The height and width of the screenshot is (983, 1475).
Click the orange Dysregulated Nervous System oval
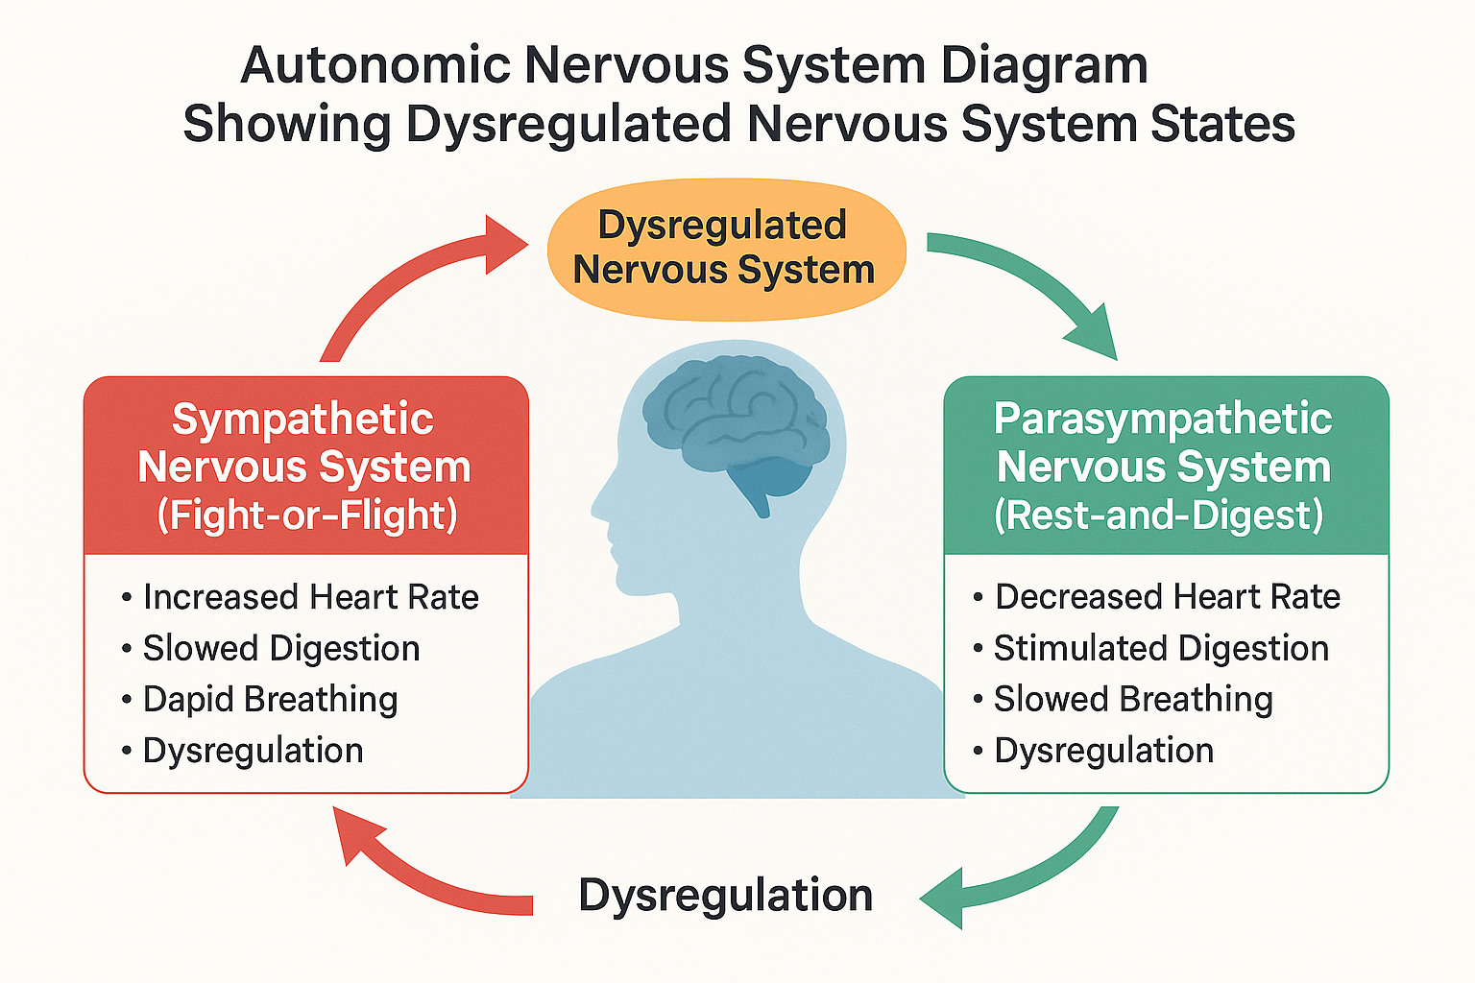point(726,248)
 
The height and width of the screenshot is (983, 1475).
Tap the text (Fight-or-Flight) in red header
point(306,515)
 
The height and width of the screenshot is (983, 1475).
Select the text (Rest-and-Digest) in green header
point(1158,515)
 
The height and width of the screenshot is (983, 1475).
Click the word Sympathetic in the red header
point(302,420)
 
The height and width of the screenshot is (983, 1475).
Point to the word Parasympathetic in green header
point(1162,420)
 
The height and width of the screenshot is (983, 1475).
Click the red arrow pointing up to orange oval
point(403,288)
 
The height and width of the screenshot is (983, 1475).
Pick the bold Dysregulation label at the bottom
point(725,895)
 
